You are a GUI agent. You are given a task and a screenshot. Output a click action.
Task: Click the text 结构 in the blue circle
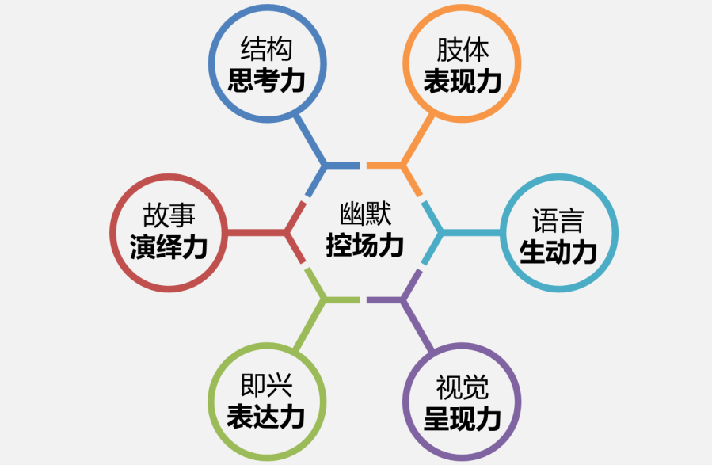[267, 48]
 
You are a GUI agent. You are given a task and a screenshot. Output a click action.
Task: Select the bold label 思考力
[267, 80]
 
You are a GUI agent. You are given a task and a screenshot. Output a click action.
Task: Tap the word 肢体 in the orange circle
[463, 49]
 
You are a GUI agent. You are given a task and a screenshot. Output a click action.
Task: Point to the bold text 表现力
[463, 82]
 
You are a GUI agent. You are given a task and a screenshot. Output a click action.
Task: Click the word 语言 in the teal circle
[558, 220]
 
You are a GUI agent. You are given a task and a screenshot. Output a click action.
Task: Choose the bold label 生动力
[558, 252]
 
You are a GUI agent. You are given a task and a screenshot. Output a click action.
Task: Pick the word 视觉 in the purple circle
[463, 387]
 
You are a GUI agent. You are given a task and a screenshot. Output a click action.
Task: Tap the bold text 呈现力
[463, 419]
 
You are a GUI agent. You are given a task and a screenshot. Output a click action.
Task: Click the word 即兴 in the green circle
[267, 386]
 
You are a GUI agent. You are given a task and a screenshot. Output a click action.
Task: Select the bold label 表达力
[267, 417]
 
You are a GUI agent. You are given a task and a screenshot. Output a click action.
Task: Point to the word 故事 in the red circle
[169, 215]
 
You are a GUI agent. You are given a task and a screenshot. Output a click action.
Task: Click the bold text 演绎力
[169, 247]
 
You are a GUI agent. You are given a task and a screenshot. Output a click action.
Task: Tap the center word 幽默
[366, 214]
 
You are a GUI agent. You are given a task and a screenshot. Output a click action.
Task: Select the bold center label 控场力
[366, 246]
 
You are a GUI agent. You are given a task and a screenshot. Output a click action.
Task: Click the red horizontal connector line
[257, 233]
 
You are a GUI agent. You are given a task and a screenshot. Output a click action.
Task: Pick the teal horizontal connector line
[471, 233]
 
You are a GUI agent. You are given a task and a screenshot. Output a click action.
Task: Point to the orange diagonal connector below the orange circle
[418, 140]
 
